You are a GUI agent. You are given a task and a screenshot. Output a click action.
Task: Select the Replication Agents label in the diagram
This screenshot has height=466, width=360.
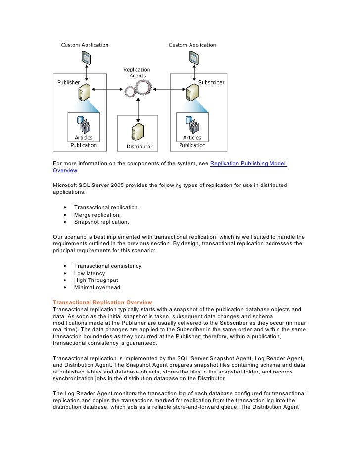click(137, 73)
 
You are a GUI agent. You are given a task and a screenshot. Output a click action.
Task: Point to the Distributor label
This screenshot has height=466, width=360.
click(139, 147)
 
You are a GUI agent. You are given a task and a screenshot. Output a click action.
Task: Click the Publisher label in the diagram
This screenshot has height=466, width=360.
click(68, 82)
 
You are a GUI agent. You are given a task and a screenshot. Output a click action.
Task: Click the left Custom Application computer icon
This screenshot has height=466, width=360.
click(85, 59)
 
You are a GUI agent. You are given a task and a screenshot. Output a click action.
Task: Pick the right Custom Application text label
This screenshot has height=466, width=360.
click(192, 45)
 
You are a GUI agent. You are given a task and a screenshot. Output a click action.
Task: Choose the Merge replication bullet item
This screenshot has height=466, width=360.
click(97, 215)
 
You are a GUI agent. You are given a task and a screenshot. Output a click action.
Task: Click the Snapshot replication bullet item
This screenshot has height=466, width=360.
click(101, 222)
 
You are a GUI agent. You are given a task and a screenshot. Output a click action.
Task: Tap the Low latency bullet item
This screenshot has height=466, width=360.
click(90, 273)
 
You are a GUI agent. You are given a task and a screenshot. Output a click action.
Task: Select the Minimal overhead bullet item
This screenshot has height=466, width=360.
click(97, 287)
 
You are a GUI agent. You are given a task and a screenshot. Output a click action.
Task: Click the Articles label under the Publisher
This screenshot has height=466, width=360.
click(84, 138)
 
